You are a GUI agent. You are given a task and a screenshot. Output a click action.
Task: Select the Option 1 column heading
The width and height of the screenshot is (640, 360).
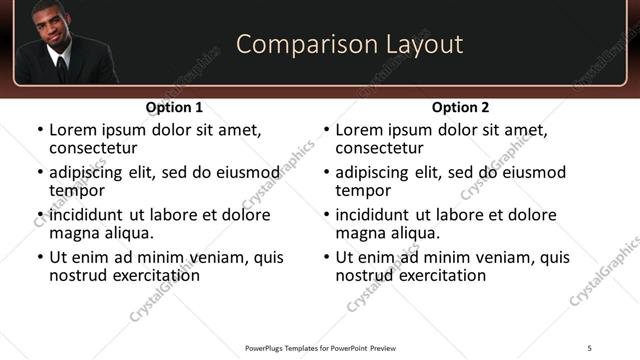(174, 107)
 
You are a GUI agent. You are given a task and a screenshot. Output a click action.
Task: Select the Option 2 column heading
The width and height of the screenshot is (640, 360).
(460, 107)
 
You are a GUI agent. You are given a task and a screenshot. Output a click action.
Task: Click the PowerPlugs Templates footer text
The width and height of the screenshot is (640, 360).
(319, 347)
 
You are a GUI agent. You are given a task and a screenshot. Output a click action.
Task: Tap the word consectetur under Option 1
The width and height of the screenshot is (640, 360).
(97, 148)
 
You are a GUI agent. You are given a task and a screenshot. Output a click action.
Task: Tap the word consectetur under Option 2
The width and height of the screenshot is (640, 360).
(383, 148)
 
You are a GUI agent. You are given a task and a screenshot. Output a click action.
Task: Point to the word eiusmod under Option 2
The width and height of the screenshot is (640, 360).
(532, 172)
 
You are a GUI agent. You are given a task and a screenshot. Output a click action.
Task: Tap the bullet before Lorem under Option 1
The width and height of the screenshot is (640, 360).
(39, 131)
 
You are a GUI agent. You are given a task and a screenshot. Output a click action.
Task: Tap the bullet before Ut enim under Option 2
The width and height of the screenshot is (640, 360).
(326, 257)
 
